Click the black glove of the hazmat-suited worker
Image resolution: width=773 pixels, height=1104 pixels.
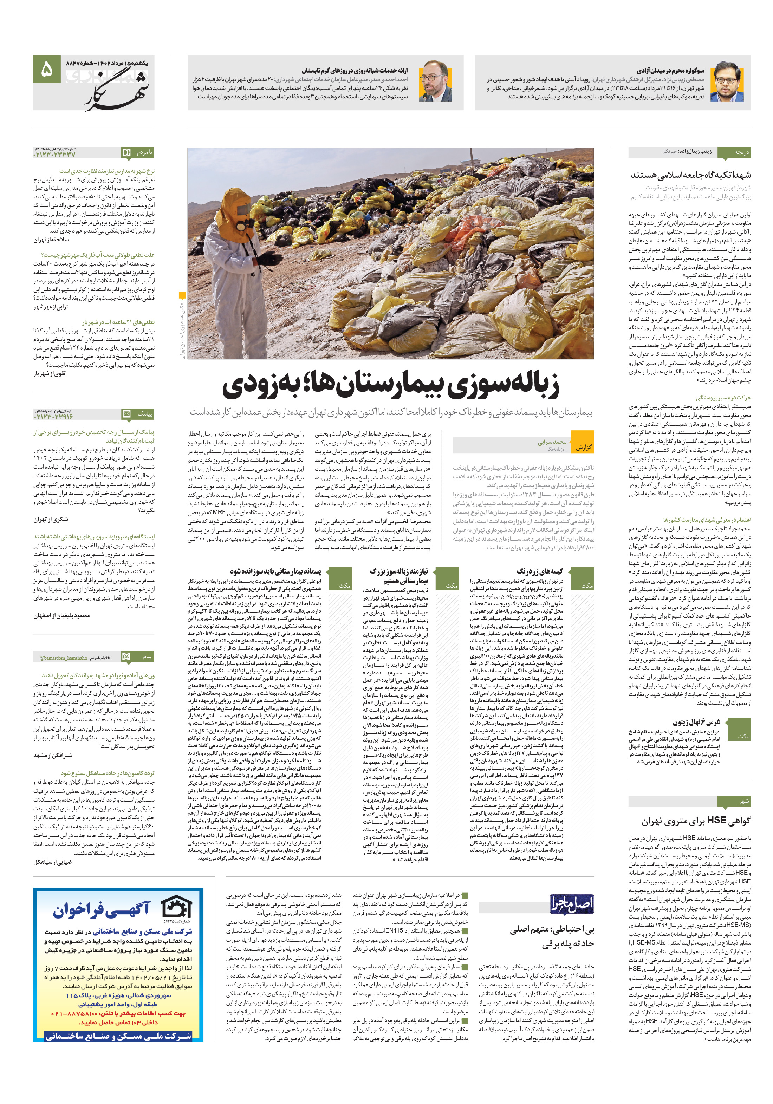coord(270,260)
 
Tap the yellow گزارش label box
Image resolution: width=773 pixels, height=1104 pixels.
coord(584,447)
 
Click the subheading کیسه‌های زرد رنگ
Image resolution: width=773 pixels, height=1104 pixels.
coord(539,571)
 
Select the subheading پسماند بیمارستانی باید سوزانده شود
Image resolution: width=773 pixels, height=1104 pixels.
coord(275,571)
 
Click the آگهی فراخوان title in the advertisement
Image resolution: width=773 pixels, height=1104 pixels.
coord(102,910)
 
